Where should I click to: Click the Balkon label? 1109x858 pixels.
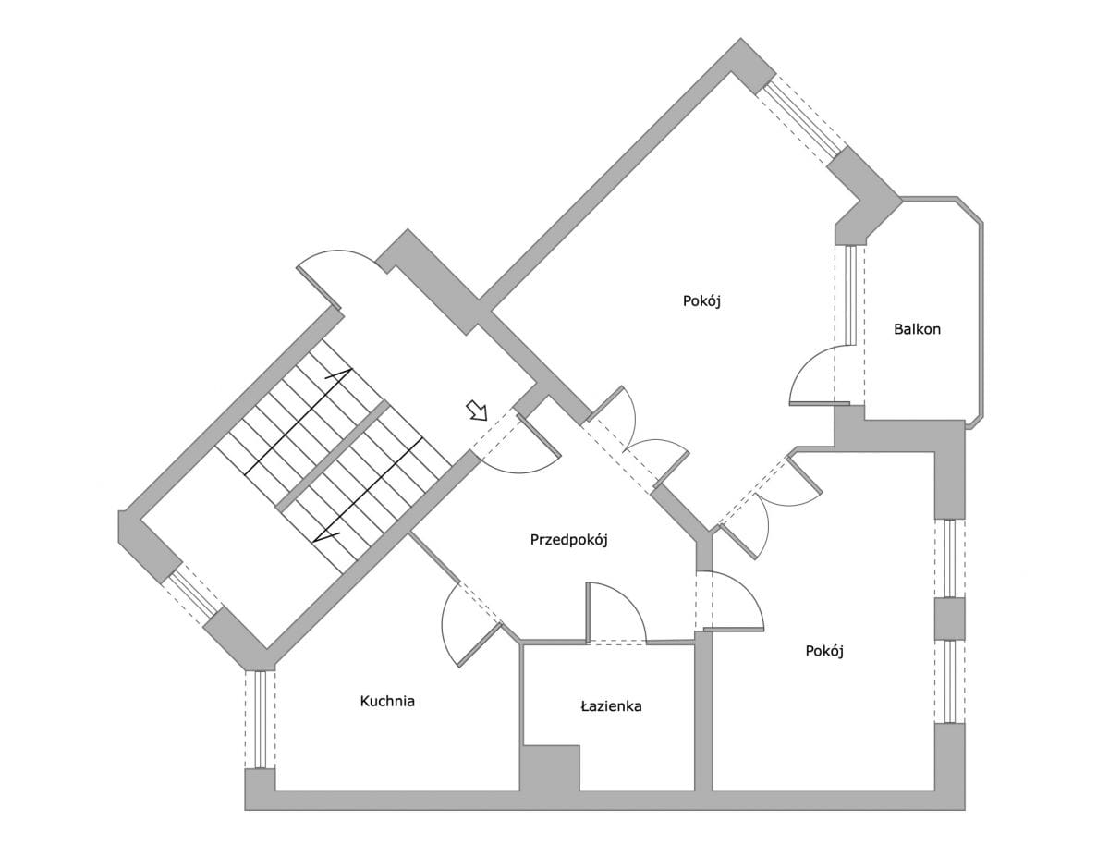917,329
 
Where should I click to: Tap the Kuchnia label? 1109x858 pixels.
387,702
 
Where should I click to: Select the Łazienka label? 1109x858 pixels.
611,706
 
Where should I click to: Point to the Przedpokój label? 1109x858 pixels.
568,540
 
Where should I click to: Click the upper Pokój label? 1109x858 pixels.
701,301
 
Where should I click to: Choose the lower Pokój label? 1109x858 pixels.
824,651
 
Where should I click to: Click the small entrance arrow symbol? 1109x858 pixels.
477,411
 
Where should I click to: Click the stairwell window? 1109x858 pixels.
192,594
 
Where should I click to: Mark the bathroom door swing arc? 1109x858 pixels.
617,611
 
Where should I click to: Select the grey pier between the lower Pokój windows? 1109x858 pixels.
949,619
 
